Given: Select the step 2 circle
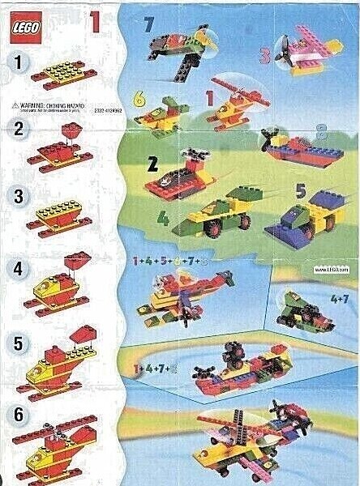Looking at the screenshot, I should click(16, 128).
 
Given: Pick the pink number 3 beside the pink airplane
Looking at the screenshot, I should click(264, 57).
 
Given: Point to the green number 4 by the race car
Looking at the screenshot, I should click(162, 218).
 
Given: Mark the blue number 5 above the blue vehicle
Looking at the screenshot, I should click(299, 192).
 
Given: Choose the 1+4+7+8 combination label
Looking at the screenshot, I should click(152, 369).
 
